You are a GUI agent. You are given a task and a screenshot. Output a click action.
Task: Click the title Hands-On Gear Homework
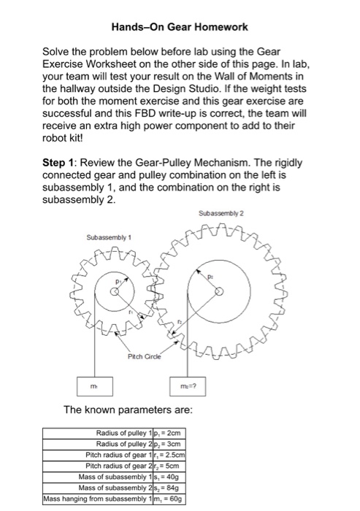click(x=180, y=27)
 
